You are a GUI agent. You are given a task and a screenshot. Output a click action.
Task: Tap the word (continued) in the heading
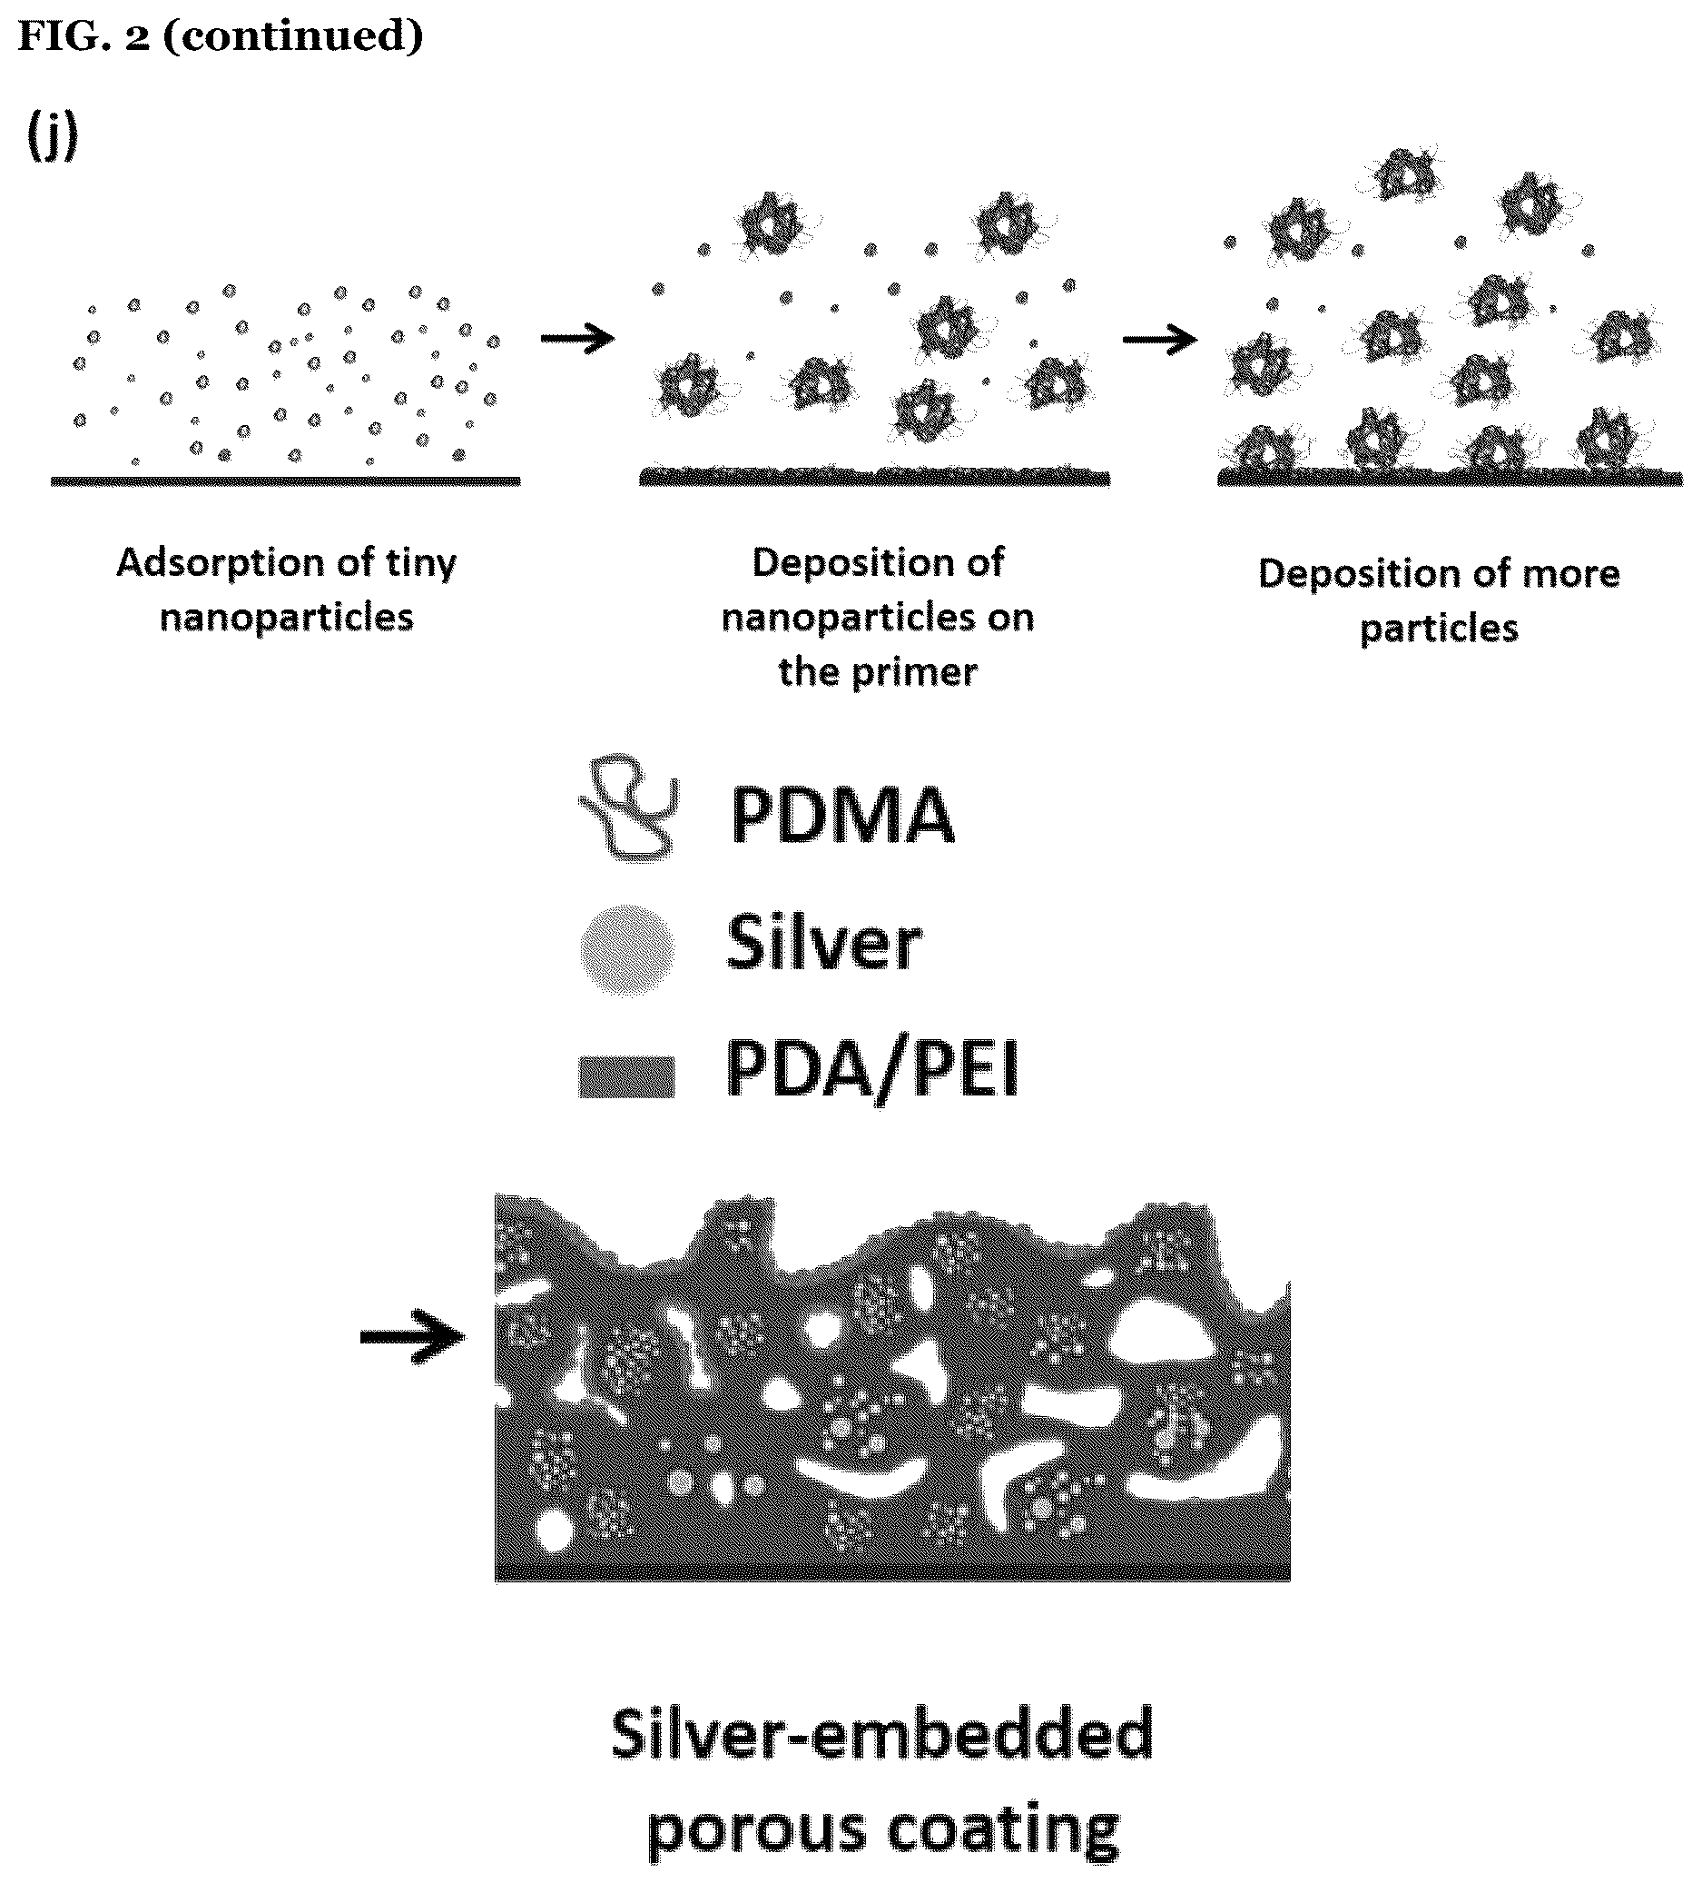point(293,36)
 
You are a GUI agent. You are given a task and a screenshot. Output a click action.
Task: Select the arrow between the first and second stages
point(578,337)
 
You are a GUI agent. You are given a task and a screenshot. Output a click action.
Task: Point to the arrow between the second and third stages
point(1159,340)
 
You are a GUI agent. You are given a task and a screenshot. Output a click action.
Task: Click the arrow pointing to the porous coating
point(413,1337)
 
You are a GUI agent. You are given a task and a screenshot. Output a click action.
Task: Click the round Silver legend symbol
point(626,949)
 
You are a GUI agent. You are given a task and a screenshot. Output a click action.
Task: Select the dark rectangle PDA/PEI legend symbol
point(626,1077)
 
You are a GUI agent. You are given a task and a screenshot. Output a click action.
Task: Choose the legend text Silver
point(824,943)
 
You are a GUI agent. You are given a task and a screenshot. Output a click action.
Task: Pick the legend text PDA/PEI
point(872,1071)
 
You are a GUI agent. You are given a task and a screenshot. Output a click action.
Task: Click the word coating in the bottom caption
point(1004,1828)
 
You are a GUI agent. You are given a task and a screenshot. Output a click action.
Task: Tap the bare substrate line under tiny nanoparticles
point(286,481)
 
